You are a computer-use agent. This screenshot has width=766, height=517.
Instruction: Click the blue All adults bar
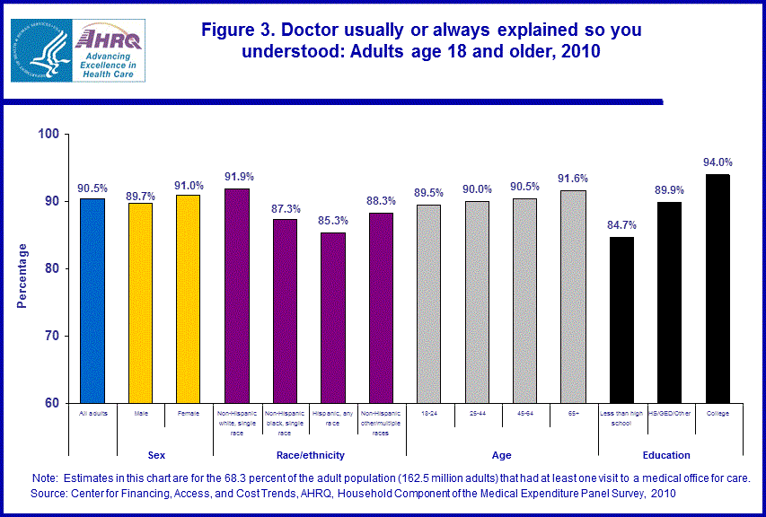[x=92, y=301]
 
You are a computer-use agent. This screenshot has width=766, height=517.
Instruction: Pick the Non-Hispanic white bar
[x=237, y=296]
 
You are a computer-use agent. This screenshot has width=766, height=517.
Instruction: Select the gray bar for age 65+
[x=572, y=297]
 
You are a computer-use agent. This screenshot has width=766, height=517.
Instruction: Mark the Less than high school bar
[x=621, y=320]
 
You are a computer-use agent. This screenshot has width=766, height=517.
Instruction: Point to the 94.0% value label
[x=718, y=162]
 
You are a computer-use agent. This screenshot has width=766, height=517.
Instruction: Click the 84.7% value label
[x=621, y=225]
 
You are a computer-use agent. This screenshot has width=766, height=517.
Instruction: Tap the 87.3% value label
[x=286, y=208]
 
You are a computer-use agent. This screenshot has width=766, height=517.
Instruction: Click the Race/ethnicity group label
[x=309, y=455]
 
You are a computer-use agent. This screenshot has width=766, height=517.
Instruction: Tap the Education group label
[x=666, y=455]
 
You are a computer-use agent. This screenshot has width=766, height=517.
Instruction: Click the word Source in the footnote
[x=50, y=494]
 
